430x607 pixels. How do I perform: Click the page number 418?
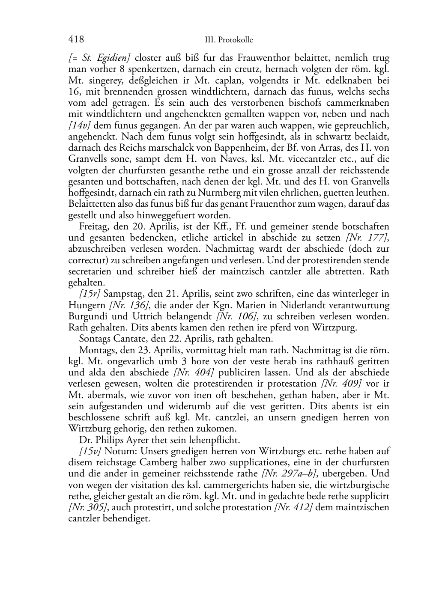76,39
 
